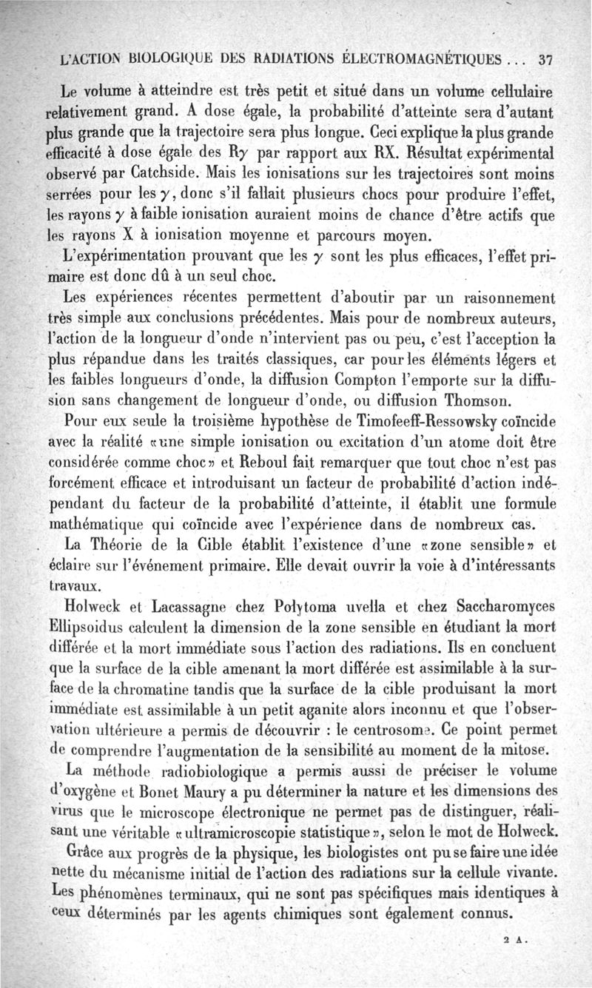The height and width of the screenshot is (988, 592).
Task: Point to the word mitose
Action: [x=518, y=764]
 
